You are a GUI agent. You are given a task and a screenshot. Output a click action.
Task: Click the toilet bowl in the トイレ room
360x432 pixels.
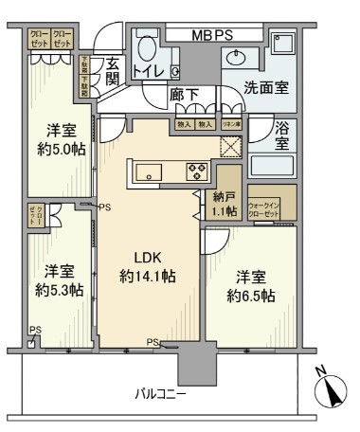[x=148, y=46]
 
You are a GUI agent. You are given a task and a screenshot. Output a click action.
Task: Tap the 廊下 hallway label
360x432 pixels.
[x=184, y=95]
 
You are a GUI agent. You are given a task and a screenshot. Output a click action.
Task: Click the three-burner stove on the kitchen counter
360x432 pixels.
[x=196, y=171]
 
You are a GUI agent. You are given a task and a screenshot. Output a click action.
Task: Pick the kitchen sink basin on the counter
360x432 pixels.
[x=149, y=171]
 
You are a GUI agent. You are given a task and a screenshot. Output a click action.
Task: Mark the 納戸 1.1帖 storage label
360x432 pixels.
[x=225, y=206]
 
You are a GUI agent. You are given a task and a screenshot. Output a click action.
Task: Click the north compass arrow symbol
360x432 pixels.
[x=331, y=387]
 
